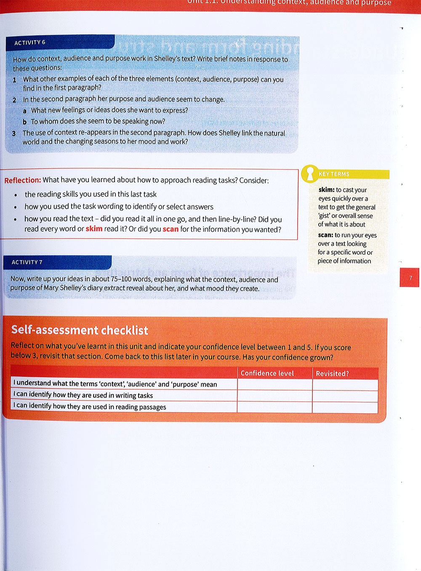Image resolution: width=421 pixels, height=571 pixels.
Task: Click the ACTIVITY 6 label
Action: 30,42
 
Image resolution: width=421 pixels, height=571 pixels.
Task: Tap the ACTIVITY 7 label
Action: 27,262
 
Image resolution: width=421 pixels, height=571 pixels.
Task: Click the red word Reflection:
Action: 23,180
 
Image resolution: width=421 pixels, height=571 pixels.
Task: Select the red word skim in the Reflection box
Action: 94,229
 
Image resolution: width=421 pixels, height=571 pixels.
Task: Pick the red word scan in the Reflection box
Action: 171,229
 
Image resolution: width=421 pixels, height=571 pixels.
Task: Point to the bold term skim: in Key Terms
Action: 326,190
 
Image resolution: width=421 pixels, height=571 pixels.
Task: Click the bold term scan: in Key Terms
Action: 325,235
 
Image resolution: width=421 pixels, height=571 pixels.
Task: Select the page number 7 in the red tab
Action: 410,278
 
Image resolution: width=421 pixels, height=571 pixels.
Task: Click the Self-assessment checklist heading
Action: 80,330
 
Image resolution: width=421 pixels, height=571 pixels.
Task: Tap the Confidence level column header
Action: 267,373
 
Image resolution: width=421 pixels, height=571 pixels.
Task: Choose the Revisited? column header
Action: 332,374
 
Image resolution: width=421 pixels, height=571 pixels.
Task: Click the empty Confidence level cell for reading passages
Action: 274,407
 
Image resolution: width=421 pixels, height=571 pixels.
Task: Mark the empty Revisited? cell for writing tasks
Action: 345,396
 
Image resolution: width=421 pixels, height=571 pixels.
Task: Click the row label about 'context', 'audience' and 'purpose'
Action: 115,384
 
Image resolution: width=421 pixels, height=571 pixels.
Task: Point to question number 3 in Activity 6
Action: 14,133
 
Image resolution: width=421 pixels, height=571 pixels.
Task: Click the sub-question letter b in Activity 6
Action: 25,122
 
